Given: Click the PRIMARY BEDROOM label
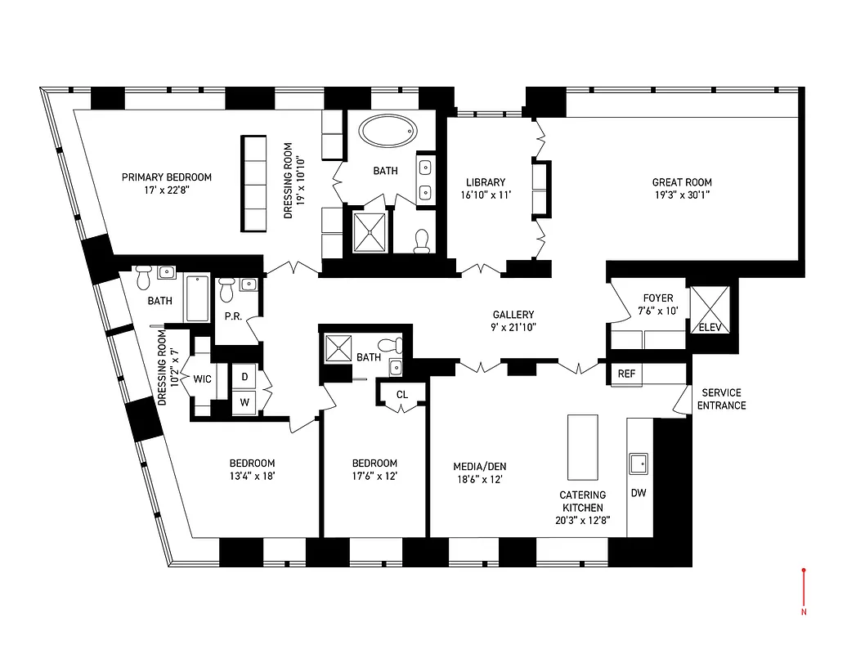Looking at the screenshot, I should (x=167, y=177).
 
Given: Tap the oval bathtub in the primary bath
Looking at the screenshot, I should (x=389, y=131).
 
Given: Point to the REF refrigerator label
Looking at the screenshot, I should (x=626, y=374).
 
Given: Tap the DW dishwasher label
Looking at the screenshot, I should (x=639, y=493).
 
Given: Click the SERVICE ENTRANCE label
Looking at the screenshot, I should (x=723, y=399).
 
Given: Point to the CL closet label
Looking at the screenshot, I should (x=401, y=395).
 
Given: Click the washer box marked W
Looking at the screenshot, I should (x=244, y=401).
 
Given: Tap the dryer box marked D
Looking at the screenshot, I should (x=244, y=377).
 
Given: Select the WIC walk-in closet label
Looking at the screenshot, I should (x=203, y=379).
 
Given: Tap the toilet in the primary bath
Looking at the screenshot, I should (x=422, y=240).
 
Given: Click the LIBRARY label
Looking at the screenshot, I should (x=486, y=182).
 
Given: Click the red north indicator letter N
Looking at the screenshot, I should (x=804, y=611).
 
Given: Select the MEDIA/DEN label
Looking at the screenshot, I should (x=480, y=467).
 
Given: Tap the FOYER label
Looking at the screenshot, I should (x=658, y=298).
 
